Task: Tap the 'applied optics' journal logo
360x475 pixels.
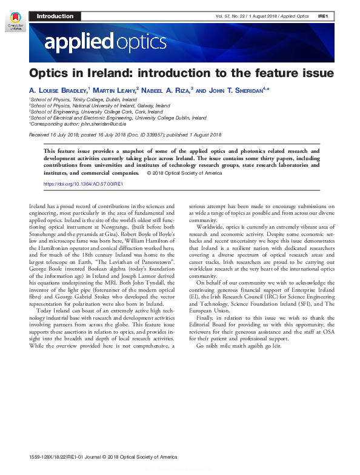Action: tap(105, 42)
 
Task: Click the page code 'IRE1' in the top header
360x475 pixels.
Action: tap(323, 16)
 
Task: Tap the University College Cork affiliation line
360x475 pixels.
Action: tap(97, 112)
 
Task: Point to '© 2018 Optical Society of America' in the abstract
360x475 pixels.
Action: tap(184, 173)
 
